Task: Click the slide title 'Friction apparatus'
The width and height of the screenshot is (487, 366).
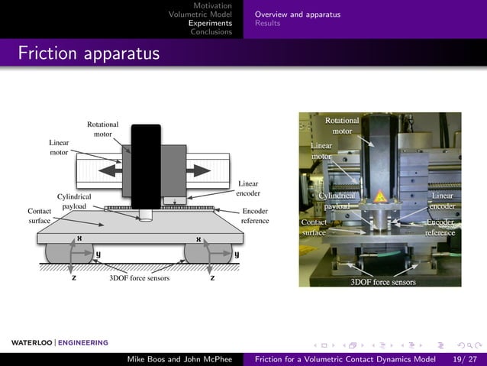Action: [x=89, y=54]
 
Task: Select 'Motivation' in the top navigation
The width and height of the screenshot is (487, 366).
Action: [x=212, y=6]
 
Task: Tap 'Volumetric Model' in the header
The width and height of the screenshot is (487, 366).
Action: [x=200, y=15]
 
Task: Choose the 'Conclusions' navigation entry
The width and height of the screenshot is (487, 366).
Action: [x=211, y=31]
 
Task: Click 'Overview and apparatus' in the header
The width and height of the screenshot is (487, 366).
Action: [x=298, y=15]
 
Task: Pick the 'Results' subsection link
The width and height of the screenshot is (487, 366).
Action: [x=267, y=23]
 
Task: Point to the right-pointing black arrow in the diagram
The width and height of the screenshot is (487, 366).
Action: [x=200, y=168]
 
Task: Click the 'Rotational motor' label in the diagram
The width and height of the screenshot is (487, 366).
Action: [x=103, y=129]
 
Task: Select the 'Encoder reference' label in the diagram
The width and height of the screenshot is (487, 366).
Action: [x=255, y=215]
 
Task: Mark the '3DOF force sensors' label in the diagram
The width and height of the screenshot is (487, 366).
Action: [x=139, y=278]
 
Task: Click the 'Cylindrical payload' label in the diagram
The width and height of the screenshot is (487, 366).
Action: [x=74, y=202]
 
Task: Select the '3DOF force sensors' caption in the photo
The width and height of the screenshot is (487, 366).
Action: [x=382, y=282]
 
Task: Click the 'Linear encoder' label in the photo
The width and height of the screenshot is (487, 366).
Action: [x=442, y=201]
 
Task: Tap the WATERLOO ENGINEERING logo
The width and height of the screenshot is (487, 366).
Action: [x=60, y=342]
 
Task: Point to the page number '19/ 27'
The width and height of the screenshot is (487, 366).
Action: [x=464, y=359]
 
